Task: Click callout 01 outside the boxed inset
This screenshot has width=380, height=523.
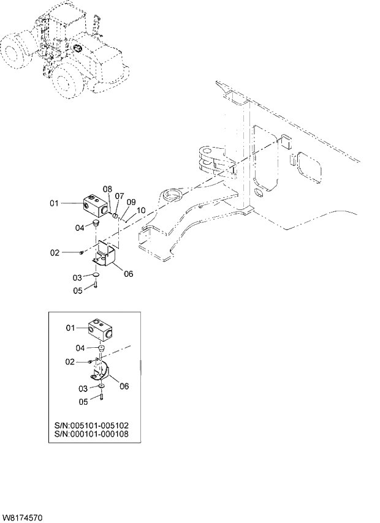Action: pyautogui.click(x=54, y=203)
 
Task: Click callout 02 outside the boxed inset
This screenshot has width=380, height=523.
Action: pyautogui.click(x=55, y=252)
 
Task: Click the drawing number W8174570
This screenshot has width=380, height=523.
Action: pyautogui.click(x=23, y=518)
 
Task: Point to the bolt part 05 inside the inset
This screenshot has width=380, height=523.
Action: pyautogui.click(x=100, y=399)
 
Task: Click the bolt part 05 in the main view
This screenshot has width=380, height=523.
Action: pyautogui.click(x=96, y=287)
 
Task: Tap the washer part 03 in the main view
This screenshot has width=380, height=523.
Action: pyautogui.click(x=96, y=277)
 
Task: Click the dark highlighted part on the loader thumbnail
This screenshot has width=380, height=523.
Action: pyautogui.click(x=78, y=48)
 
